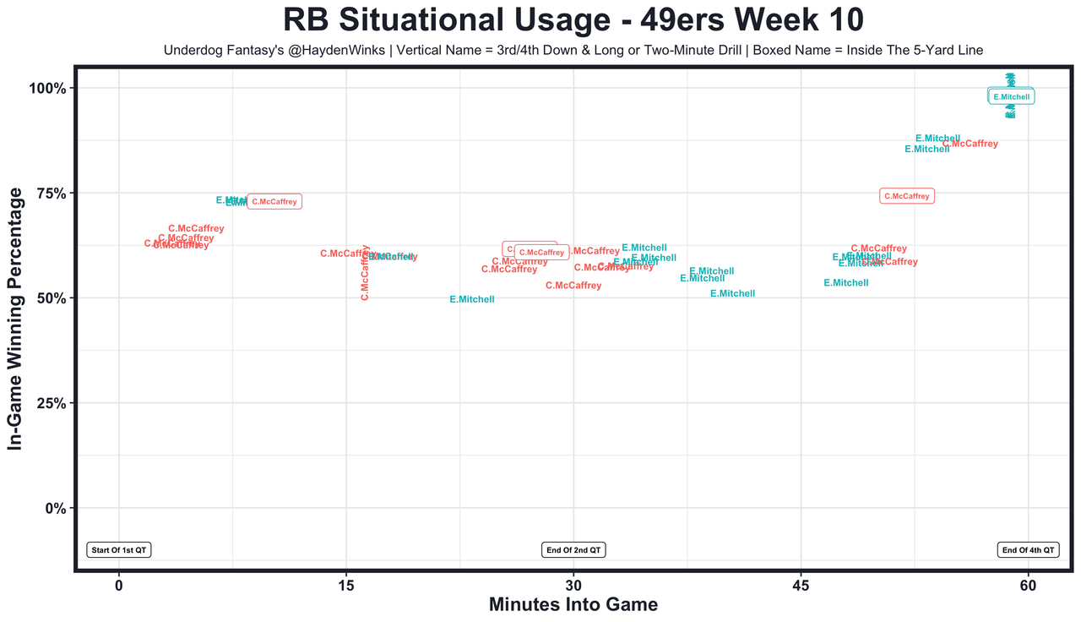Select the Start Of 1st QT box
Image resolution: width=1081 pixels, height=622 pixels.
(x=119, y=550)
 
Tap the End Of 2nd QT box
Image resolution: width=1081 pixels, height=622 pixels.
(x=573, y=550)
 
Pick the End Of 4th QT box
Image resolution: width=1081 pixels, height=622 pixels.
(x=1028, y=550)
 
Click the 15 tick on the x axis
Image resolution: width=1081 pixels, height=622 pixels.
(x=346, y=586)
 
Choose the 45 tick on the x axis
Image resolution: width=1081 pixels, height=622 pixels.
(x=801, y=586)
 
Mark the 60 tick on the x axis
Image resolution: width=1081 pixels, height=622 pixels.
(x=1028, y=586)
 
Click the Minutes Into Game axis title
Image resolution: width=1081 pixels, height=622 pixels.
(x=573, y=605)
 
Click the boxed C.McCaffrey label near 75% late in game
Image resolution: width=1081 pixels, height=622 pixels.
(x=907, y=196)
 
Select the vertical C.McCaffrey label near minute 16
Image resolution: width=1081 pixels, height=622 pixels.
(x=365, y=272)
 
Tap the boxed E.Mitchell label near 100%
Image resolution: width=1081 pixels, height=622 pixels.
(x=1011, y=97)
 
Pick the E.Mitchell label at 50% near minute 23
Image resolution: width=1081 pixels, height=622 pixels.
(x=472, y=299)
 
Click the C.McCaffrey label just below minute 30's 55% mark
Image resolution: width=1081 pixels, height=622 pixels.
(x=573, y=286)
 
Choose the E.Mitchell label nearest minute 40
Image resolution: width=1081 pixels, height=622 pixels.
(x=732, y=293)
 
